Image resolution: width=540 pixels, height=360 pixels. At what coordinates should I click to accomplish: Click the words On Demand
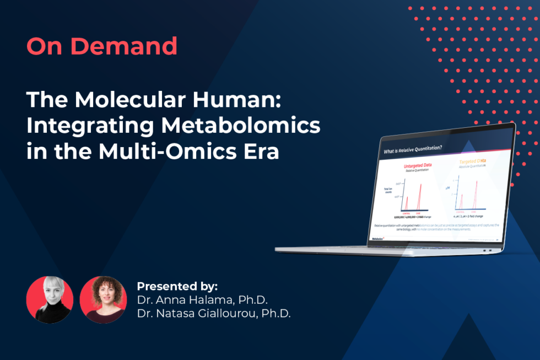click(102, 46)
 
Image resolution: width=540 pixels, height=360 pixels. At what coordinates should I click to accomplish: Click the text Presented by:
click(177, 287)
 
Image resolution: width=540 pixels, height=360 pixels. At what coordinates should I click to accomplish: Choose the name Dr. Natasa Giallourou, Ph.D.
click(214, 314)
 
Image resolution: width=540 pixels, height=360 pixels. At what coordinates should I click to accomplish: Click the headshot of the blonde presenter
click(50, 299)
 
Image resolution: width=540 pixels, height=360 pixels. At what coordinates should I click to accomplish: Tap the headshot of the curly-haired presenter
click(103, 299)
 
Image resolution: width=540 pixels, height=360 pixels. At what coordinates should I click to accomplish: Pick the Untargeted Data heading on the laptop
click(409, 165)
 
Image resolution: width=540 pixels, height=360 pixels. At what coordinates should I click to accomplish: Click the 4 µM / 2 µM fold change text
click(472, 216)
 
